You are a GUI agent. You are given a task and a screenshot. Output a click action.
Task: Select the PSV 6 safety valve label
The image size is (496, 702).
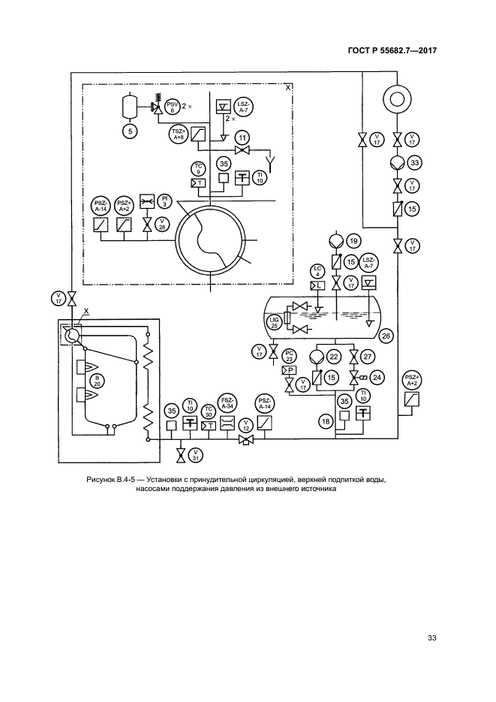coord(173,107)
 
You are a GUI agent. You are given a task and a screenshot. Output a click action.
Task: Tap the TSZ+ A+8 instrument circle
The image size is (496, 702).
coord(177,134)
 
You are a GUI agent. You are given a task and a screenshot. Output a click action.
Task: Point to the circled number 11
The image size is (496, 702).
coord(242,137)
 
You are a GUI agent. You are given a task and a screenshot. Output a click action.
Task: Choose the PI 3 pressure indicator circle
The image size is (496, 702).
coord(163,200)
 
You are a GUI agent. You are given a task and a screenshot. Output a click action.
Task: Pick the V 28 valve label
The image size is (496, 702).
coord(163,224)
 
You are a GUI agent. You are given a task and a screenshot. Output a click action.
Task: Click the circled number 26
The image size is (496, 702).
coord(386,335)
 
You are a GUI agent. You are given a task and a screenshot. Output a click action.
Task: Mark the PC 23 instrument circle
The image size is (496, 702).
coord(290,356)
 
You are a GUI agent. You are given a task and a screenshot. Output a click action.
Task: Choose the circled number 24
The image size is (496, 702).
coord(377,377)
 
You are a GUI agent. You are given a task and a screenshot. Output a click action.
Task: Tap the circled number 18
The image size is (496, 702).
coord(326,421)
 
